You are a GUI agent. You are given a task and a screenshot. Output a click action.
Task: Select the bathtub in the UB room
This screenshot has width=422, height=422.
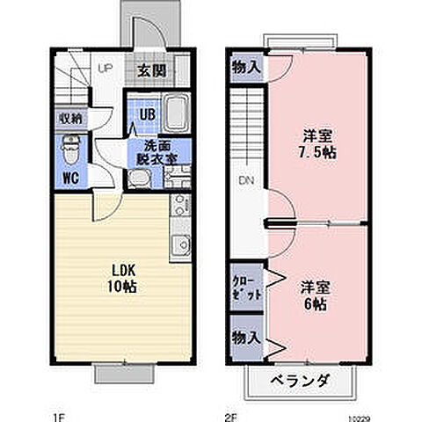pos(176,112)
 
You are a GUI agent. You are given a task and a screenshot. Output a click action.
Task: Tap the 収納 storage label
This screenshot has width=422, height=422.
pos(71,118)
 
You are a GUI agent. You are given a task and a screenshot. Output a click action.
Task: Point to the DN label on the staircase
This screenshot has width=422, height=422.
pos(244,181)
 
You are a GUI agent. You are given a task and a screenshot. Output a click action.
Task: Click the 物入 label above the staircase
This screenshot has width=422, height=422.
pos(245,67)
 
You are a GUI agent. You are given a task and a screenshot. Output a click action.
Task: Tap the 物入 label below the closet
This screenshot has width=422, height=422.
pos(245,338)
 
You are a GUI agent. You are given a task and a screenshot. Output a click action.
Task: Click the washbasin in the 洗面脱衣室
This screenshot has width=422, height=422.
pos(138,179)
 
